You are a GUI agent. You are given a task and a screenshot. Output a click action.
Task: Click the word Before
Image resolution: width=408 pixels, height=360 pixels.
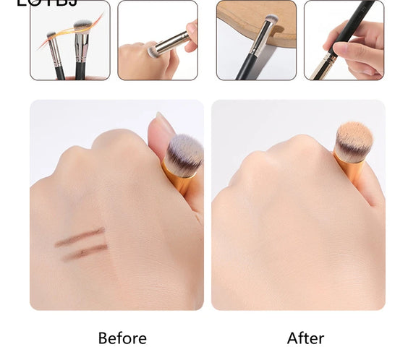point(122,338)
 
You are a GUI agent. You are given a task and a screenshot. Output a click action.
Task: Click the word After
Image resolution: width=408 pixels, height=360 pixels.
point(305,338)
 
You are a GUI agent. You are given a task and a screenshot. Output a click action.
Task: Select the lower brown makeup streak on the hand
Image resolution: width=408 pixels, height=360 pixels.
point(85,252)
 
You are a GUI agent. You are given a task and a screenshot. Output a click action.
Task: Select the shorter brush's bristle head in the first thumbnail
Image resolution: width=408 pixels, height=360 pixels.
point(51,35)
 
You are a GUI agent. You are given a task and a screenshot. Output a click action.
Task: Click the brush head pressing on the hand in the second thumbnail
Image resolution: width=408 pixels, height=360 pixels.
point(153,52)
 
